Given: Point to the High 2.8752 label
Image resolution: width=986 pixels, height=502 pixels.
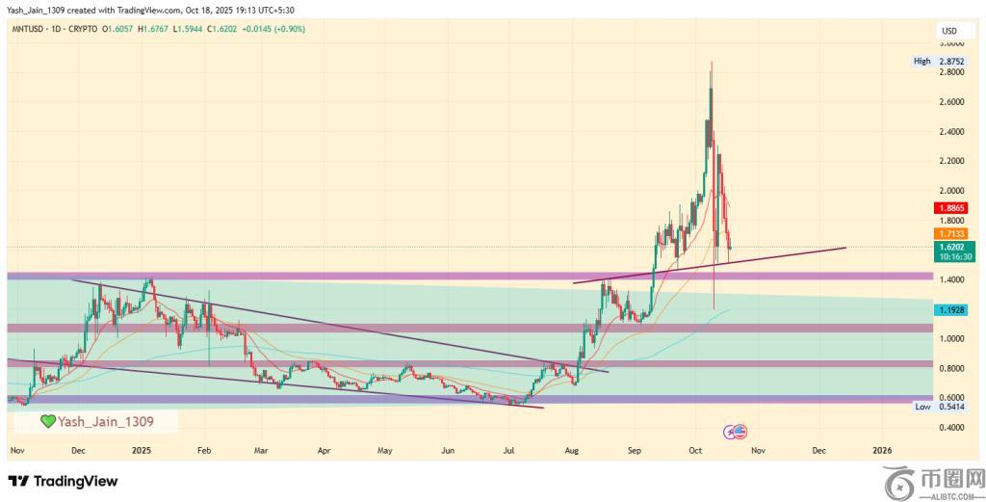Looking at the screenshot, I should [x=940, y=61].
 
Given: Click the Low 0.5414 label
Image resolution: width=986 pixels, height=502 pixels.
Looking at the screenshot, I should [x=940, y=408].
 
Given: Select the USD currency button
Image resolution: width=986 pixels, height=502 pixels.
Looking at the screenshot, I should [x=948, y=32].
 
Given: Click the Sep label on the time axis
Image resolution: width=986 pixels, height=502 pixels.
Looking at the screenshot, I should [x=635, y=450].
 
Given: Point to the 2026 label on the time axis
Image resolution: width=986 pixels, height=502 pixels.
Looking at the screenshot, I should [x=881, y=450].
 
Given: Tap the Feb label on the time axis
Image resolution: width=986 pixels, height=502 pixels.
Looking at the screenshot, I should [x=203, y=450].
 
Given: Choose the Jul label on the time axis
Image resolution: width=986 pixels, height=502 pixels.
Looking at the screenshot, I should [x=508, y=450].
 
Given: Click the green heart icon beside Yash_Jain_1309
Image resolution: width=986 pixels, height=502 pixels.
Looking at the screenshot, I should [x=47, y=421].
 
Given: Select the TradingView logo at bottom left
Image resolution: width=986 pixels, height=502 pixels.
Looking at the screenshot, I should [x=63, y=481].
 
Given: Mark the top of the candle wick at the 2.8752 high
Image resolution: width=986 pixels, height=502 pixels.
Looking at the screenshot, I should [x=712, y=62].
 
